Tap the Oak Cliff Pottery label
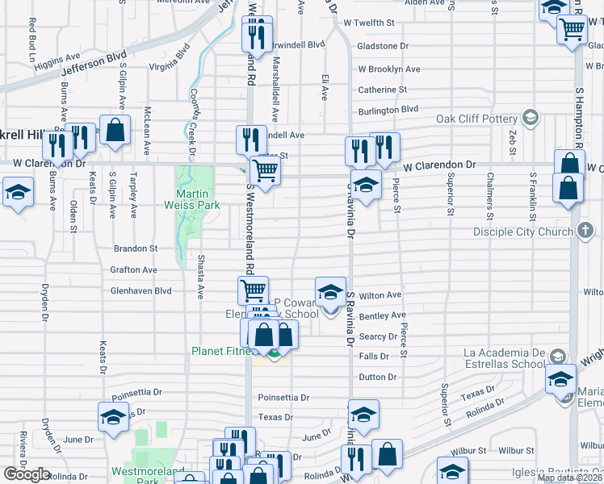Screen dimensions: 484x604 point(477,119)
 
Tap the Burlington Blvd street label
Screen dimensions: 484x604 point(388,109)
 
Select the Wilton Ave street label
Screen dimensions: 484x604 point(380,295)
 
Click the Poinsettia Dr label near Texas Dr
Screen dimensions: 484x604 point(283,398)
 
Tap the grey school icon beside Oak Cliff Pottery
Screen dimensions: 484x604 point(530,119)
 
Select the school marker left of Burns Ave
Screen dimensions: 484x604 point(17,194)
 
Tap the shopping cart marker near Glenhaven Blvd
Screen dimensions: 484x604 point(253,290)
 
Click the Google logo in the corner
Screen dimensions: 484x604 point(27,474)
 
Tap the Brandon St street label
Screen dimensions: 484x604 point(135,249)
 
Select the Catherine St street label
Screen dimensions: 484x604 point(383,90)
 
